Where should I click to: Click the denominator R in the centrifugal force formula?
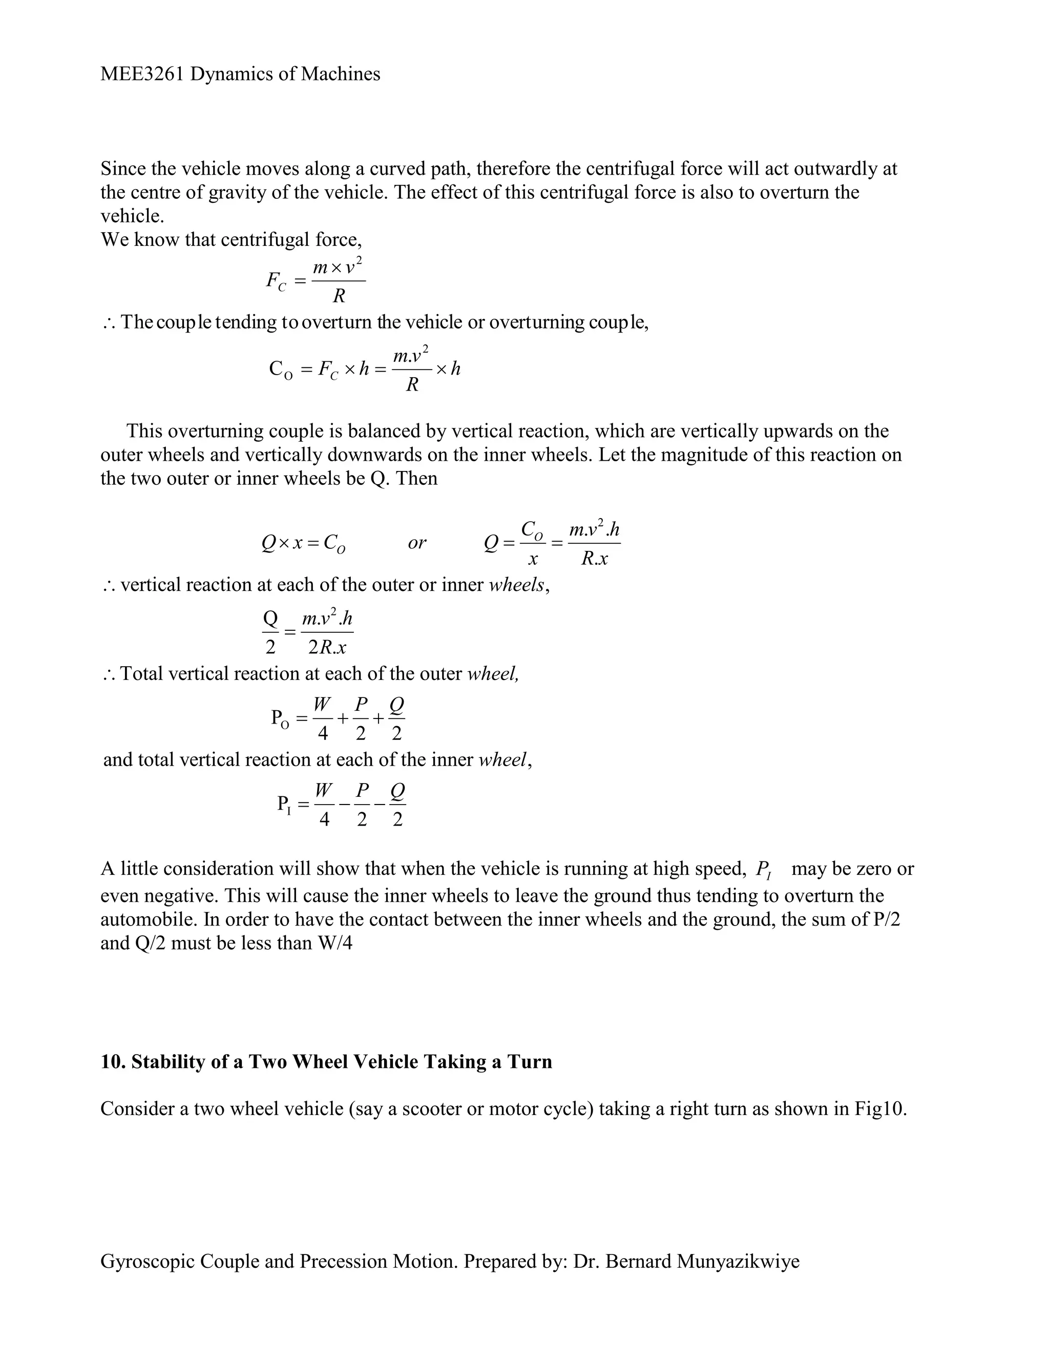click(339, 296)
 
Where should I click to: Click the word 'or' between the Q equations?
click(417, 543)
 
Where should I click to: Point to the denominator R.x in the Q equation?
click(594, 559)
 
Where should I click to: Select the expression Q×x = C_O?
click(303, 543)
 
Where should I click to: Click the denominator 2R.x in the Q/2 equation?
click(327, 647)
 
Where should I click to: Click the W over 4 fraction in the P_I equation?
click(323, 805)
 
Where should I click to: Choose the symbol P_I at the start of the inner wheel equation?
click(284, 805)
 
